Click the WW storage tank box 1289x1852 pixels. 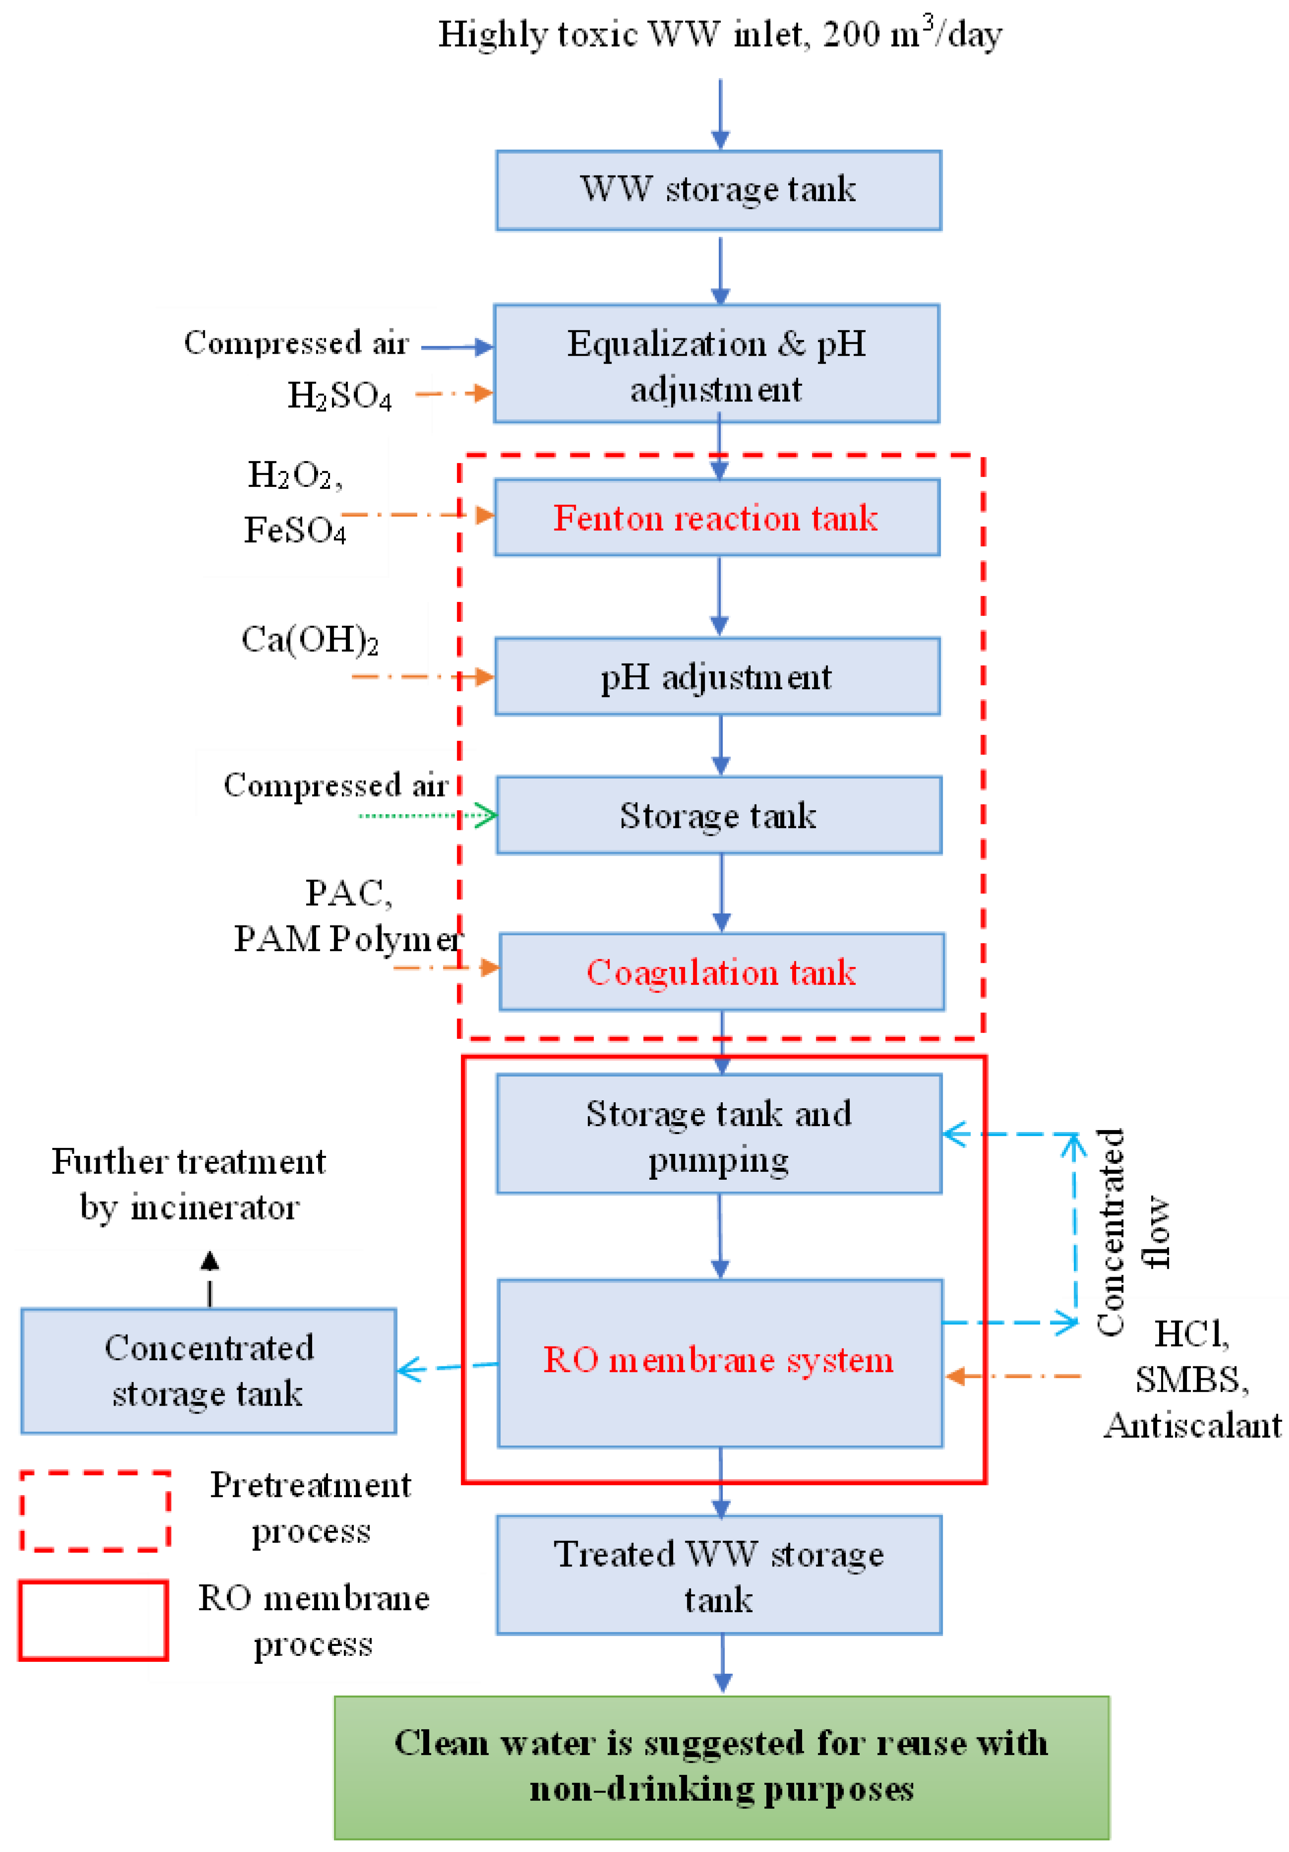pyautogui.click(x=718, y=190)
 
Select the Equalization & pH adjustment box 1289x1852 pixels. pyautogui.click(x=716, y=364)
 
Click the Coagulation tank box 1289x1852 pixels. pyautogui.click(x=721, y=972)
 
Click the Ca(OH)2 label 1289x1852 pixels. pyautogui.click(x=310, y=640)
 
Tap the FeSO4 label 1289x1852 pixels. pyautogui.click(x=295, y=530)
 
